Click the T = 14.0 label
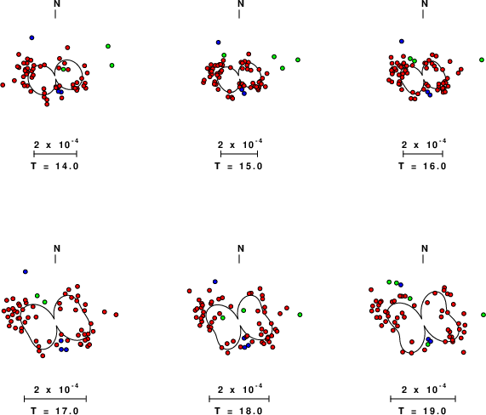(54, 167)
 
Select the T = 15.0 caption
(238, 167)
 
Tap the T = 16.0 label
(422, 167)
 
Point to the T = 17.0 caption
(54, 411)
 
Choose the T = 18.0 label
(238, 411)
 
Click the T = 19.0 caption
(422, 411)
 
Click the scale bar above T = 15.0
(239, 154)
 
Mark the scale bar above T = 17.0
(55, 399)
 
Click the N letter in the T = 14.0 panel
(57, 3)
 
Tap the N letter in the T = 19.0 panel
(425, 248)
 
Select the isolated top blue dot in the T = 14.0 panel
(31, 37)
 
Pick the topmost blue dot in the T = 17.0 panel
(26, 271)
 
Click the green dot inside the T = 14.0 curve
(64, 69)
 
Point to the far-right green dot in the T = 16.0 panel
(482, 60)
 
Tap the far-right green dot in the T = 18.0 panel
(300, 315)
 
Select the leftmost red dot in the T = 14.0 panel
(3, 85)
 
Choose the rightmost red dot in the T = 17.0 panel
(116, 315)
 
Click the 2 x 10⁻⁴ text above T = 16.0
(424, 144)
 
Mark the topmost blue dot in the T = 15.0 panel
(218, 43)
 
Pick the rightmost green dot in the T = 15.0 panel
(298, 60)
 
